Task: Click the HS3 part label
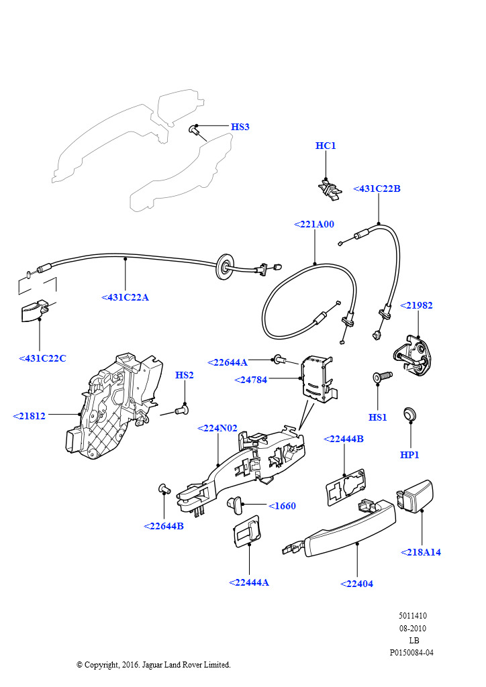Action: point(240,127)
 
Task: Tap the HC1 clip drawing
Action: point(330,189)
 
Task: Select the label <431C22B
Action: point(377,189)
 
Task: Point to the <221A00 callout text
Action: point(313,224)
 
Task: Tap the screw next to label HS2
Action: point(181,407)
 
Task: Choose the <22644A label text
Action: point(228,362)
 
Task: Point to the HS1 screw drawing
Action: point(381,378)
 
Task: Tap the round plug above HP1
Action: point(409,414)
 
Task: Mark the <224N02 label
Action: point(217,428)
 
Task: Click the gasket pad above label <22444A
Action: point(247,532)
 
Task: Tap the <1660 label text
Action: point(282,506)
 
